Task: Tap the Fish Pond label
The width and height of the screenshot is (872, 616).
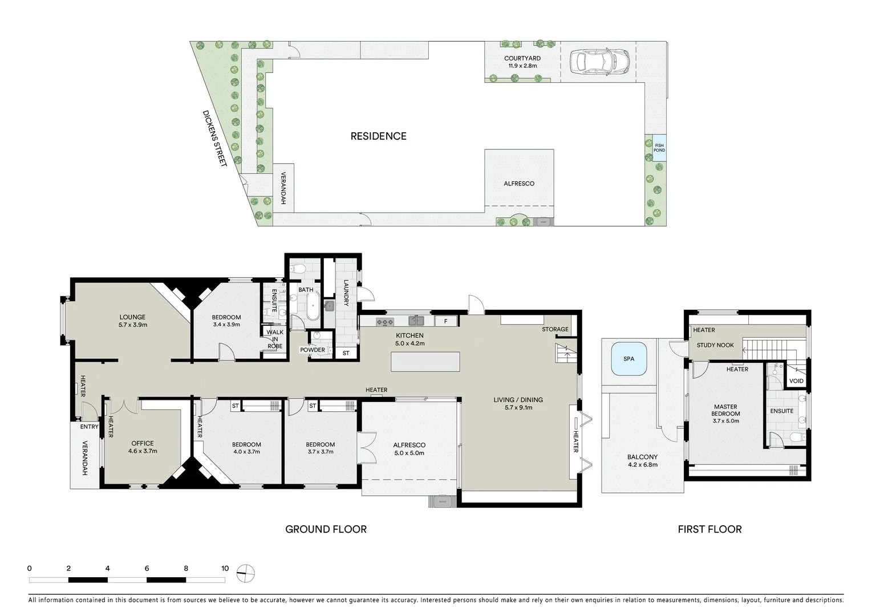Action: click(659, 148)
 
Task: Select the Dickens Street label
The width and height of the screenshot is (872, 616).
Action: click(215, 138)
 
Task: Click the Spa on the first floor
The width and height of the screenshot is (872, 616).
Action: click(628, 359)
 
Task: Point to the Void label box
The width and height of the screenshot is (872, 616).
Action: click(796, 381)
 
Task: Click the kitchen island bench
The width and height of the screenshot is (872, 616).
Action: click(425, 362)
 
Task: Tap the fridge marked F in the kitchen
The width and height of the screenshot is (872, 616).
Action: click(446, 321)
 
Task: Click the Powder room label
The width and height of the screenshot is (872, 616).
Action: click(312, 350)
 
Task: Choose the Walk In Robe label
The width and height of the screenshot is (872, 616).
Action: click(275, 339)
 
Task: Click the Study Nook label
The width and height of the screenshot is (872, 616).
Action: click(715, 345)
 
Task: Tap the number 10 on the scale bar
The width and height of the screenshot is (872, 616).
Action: click(225, 568)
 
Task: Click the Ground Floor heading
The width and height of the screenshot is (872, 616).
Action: click(326, 529)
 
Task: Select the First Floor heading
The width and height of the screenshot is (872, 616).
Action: click(709, 529)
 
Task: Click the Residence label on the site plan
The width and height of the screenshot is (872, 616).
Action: click(378, 136)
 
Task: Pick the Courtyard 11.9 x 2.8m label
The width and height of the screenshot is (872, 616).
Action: click(522, 62)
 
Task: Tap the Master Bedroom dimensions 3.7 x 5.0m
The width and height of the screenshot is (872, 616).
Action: click(725, 421)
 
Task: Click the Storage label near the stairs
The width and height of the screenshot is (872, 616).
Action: click(555, 329)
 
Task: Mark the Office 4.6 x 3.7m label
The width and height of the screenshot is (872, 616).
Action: click(143, 447)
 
